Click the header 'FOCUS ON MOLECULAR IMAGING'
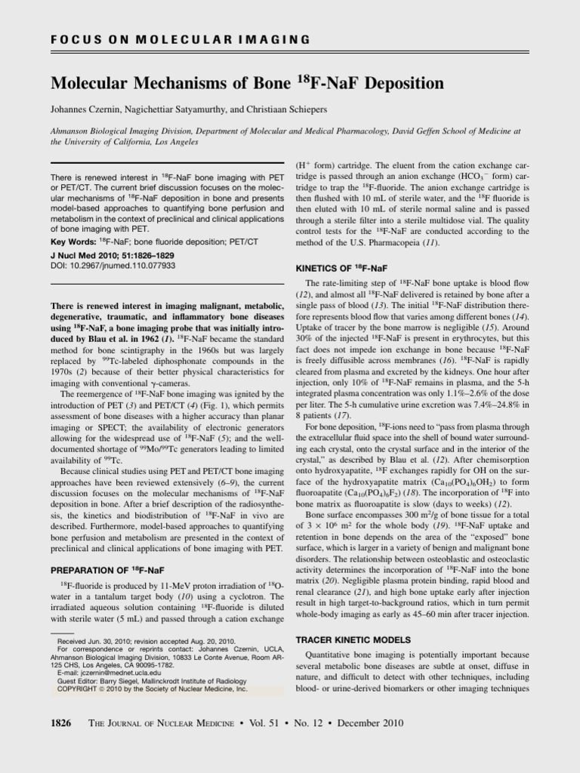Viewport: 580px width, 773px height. tap(180, 38)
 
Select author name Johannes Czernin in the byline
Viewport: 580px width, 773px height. tap(88, 109)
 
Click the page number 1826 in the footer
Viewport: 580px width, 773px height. tap(60, 722)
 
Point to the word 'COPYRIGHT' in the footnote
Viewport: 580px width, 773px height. tap(76, 689)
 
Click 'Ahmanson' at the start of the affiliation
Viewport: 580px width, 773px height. tap(72, 131)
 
